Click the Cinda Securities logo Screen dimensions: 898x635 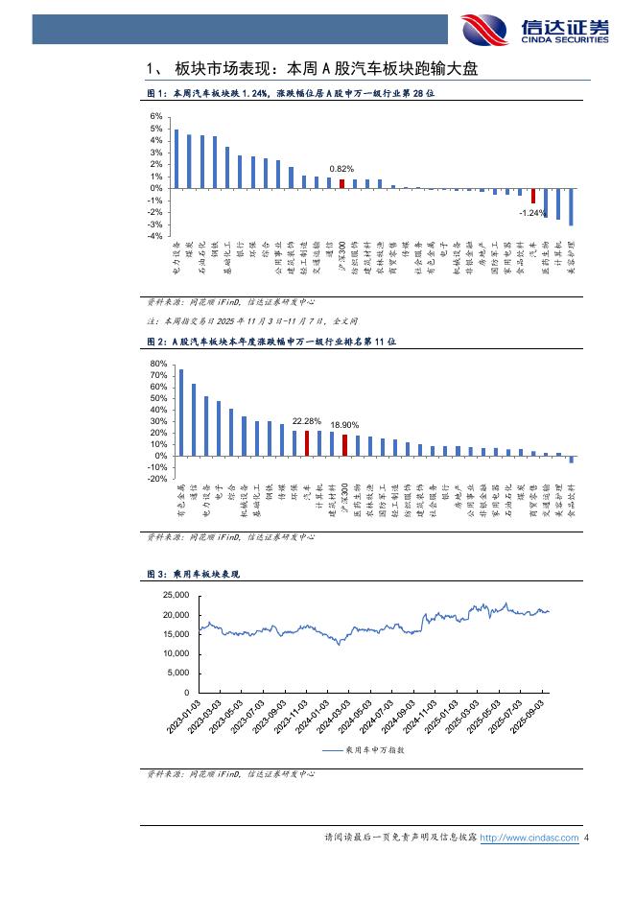533,30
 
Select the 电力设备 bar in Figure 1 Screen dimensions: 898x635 176,158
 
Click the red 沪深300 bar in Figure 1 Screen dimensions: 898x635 341,183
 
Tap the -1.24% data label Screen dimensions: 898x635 532,212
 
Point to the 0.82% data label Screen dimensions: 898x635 341,169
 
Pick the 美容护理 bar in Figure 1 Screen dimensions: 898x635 571,206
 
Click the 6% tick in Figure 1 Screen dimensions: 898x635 155,117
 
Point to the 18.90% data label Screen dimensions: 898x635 344,424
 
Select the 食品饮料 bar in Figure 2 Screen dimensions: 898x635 571,459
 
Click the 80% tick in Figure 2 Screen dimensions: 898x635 158,365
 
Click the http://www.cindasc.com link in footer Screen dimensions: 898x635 529,839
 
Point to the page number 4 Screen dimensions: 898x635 586,839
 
